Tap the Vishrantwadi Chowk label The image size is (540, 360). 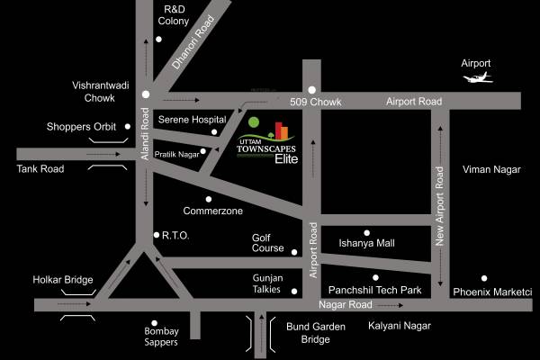click(95, 92)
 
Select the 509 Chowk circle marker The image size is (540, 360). click(311, 89)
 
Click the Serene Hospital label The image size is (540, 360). click(192, 119)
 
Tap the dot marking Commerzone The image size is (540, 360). click(209, 199)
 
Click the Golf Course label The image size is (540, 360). click(267, 244)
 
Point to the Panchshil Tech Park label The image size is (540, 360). click(375, 290)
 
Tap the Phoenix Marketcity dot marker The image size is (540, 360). click(484, 278)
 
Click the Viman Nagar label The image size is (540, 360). click(490, 169)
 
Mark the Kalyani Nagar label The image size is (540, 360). click(400, 325)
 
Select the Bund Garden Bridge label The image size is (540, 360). click(315, 333)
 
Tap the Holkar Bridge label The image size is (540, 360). click(63, 281)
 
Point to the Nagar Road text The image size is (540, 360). click(345, 305)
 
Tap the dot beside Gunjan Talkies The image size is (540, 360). click(295, 291)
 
